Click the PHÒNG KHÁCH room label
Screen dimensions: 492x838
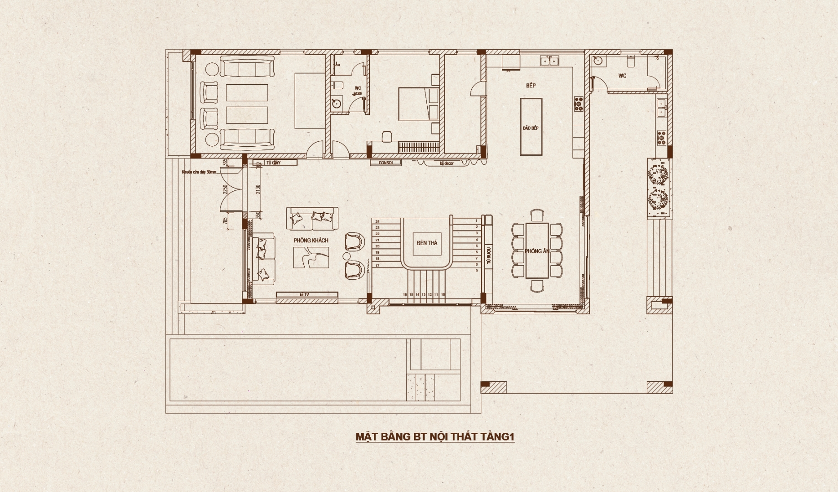click(x=311, y=241)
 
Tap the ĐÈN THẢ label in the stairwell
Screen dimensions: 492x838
click(x=427, y=243)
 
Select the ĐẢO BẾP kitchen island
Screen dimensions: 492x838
click(x=531, y=128)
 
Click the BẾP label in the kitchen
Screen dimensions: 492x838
click(x=531, y=86)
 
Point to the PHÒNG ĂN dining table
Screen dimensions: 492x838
click(x=537, y=251)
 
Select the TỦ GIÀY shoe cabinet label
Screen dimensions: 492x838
click(x=273, y=163)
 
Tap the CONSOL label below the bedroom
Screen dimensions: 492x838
click(x=386, y=163)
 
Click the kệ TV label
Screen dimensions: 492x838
click(x=305, y=295)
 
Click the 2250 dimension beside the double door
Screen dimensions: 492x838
click(x=225, y=189)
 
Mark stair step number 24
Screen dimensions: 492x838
click(x=377, y=221)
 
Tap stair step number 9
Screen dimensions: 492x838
click(x=476, y=271)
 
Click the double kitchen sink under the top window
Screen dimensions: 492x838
click(x=549, y=60)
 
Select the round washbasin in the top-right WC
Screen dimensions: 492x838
click(x=598, y=61)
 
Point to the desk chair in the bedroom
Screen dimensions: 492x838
click(x=387, y=136)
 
